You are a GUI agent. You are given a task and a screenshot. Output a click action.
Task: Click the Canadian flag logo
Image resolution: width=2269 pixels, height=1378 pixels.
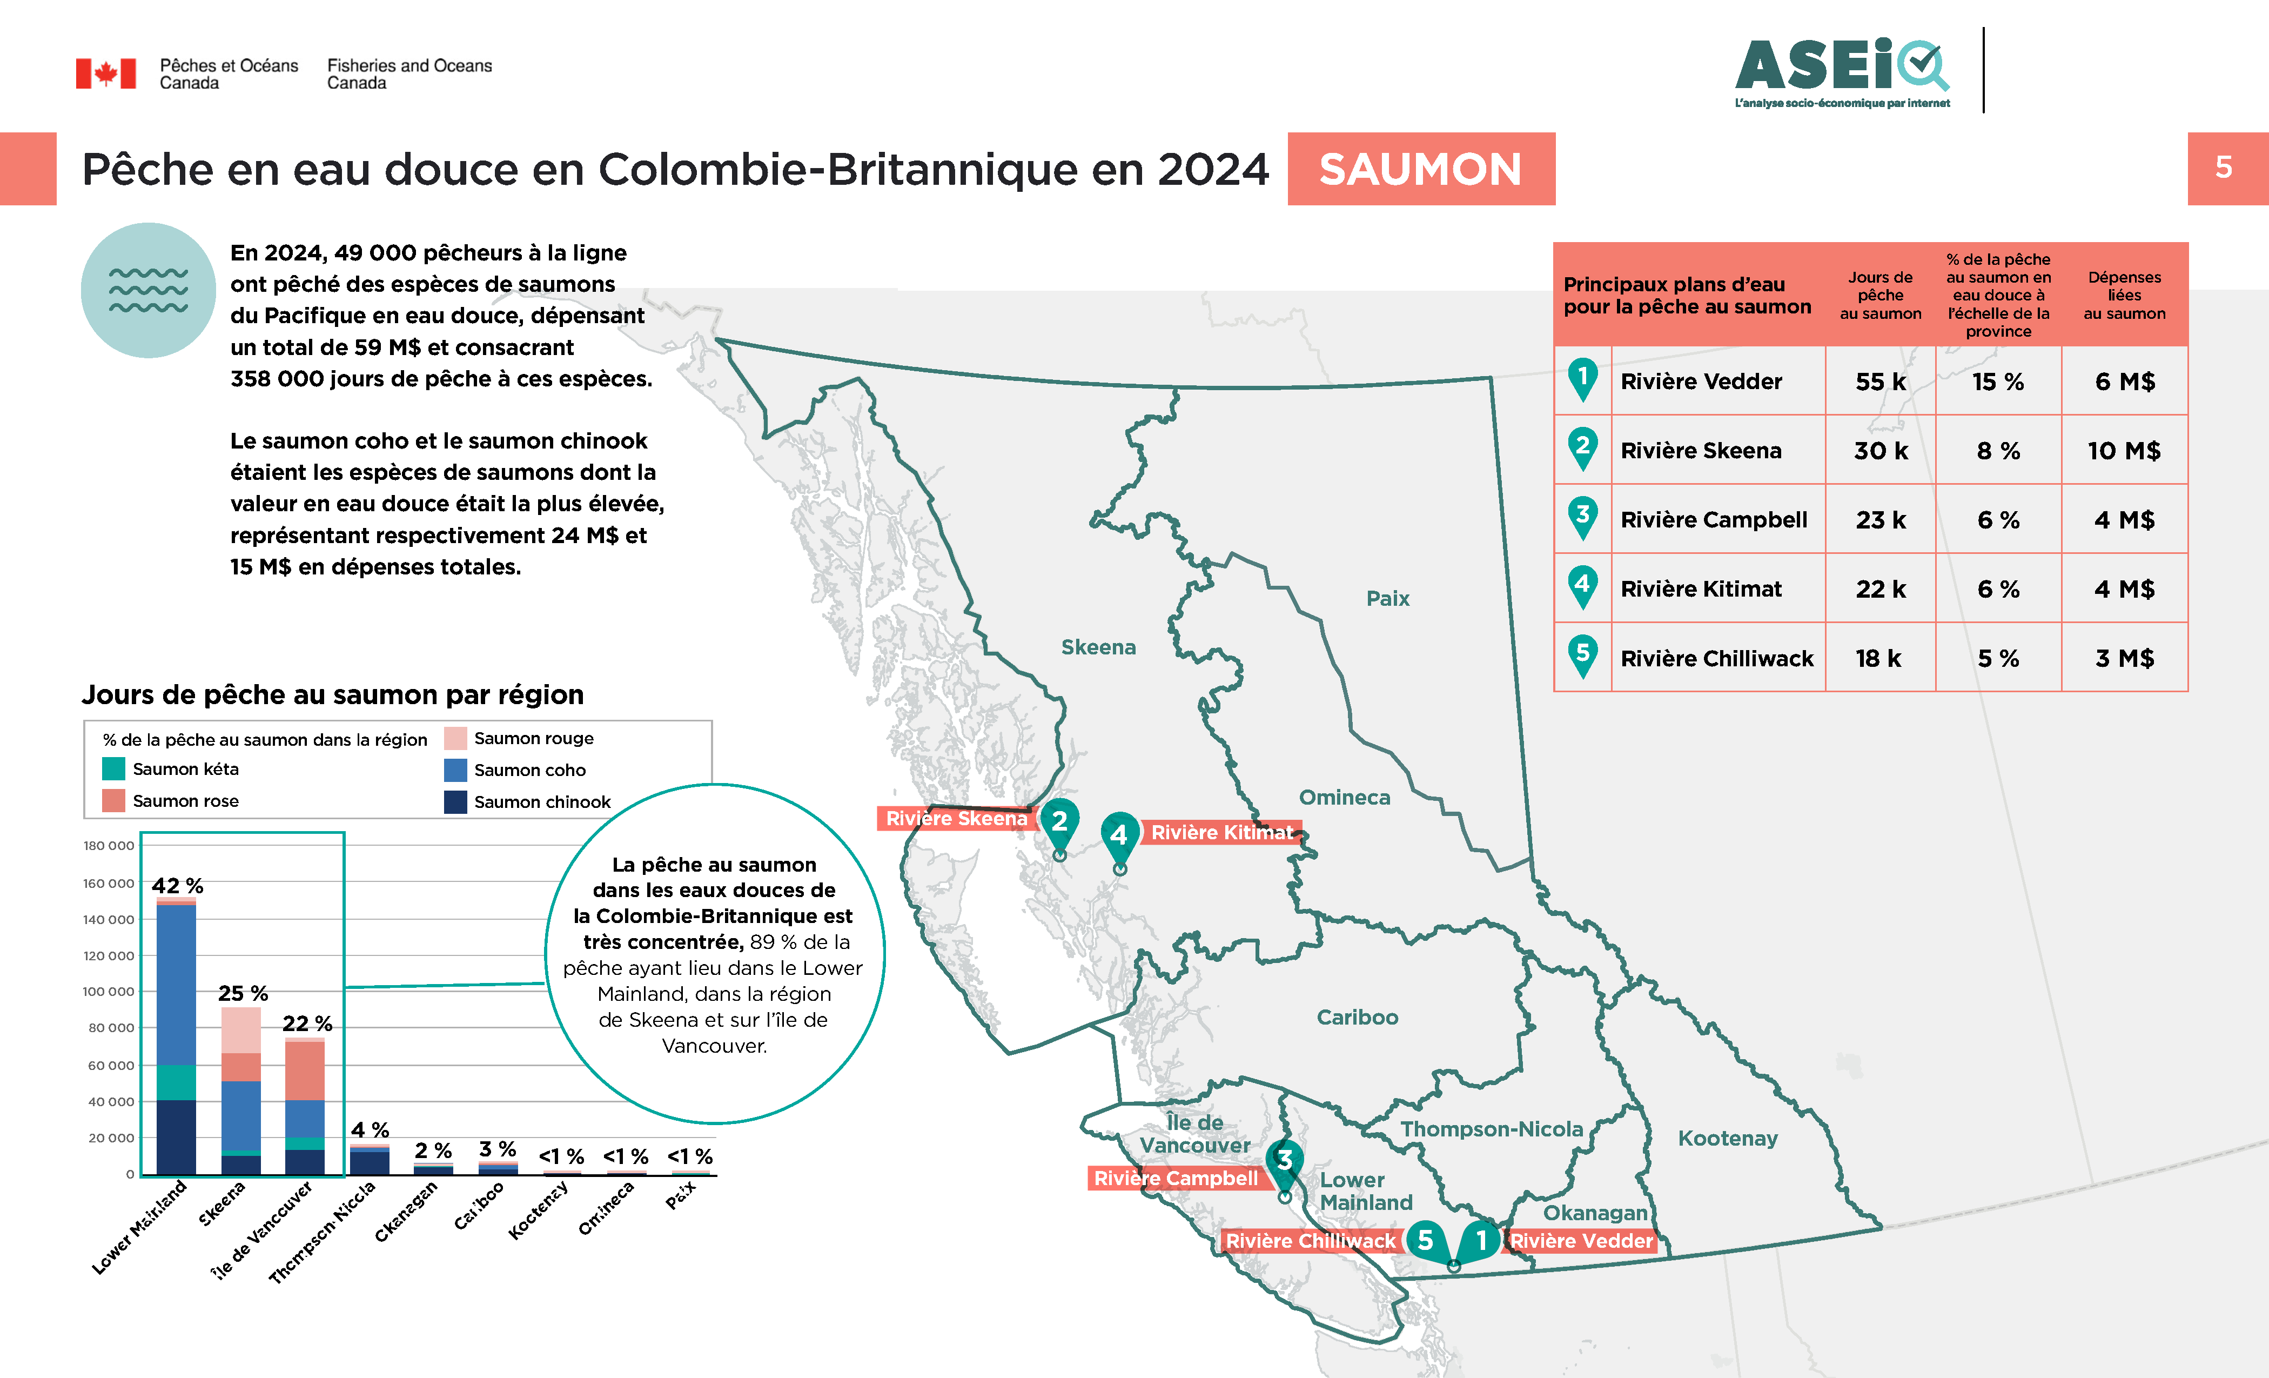106,73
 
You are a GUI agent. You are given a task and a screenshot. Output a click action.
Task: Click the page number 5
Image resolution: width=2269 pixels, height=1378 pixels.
2224,168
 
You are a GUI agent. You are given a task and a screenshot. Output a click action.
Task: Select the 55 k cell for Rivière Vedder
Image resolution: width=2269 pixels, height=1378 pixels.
1881,382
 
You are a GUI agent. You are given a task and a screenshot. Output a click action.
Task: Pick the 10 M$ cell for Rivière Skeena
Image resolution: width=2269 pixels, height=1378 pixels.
2124,451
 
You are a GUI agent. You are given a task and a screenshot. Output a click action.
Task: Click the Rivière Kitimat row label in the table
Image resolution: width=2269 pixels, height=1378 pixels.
1701,588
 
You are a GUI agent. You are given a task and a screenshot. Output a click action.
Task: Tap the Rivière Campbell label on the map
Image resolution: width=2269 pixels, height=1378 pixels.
1175,1178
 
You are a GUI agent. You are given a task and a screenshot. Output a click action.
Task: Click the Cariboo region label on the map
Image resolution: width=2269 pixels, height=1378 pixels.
1357,1017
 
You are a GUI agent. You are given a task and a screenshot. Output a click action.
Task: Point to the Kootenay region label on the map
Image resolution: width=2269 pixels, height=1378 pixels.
1728,1139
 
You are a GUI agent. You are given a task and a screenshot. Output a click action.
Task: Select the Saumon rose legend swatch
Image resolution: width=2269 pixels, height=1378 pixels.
113,800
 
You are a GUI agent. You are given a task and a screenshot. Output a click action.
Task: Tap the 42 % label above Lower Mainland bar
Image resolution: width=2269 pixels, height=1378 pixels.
177,885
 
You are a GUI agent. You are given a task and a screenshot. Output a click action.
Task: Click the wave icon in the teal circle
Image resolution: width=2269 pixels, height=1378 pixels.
148,290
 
